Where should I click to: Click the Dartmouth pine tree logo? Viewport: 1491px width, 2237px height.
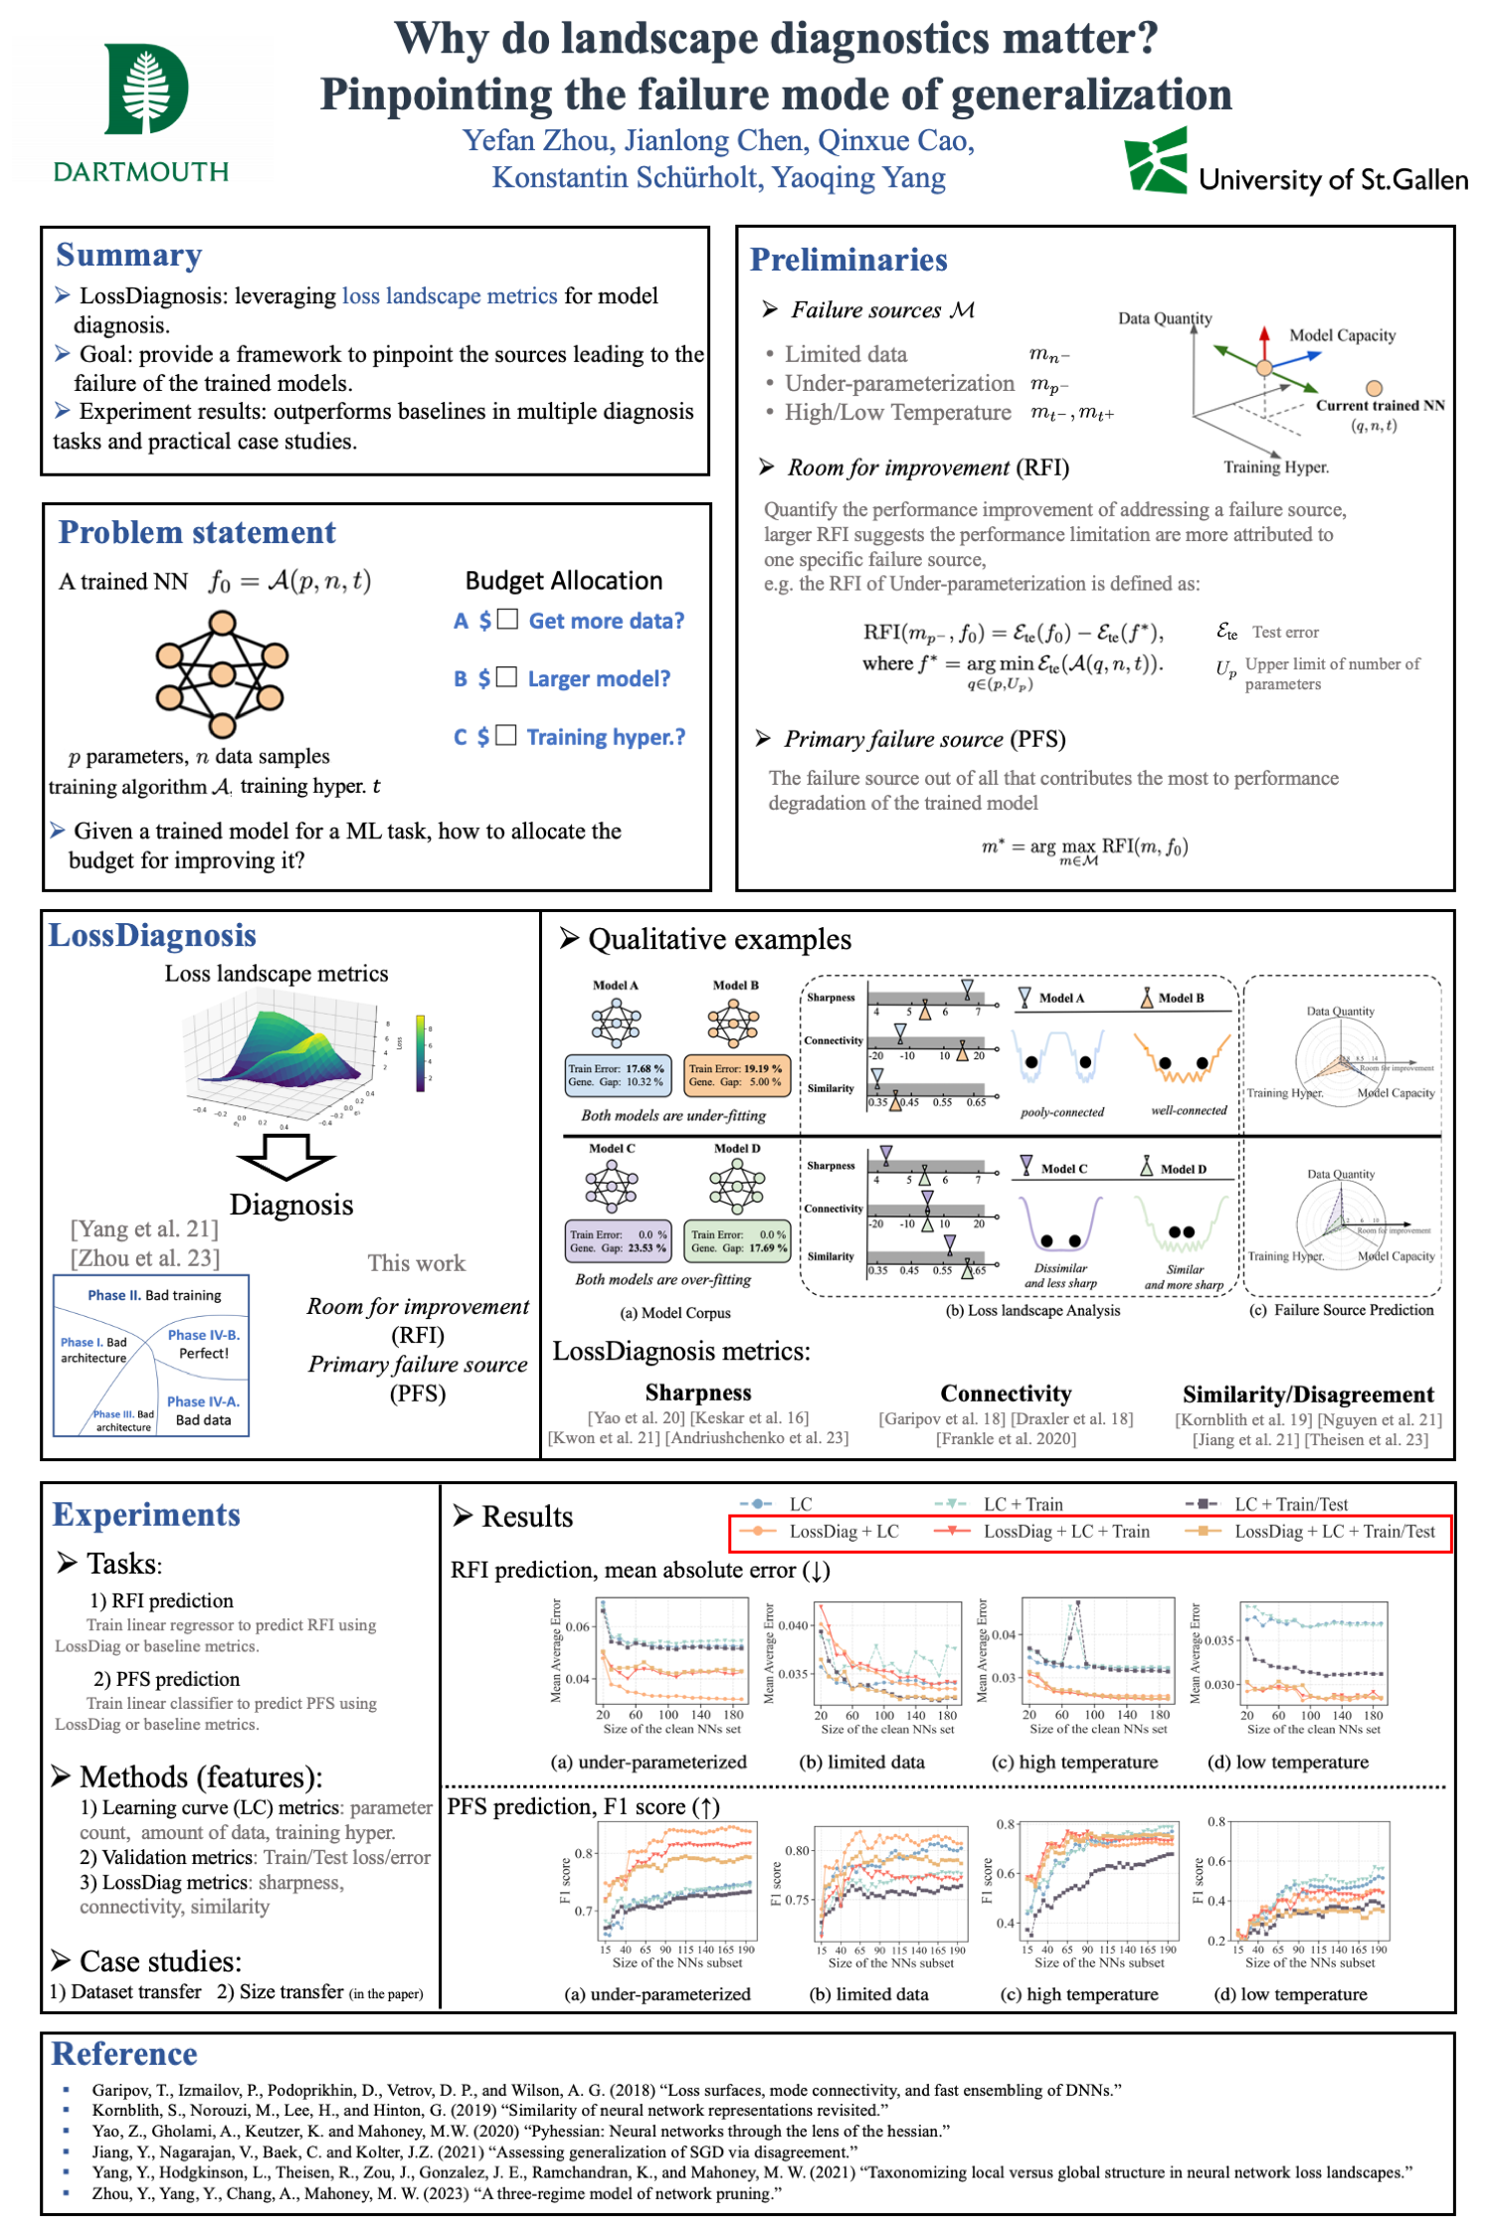(146, 89)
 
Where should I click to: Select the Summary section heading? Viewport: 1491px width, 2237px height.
(129, 256)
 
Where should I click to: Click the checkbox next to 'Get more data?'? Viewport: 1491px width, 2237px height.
(507, 620)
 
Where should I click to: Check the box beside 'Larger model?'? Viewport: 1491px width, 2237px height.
(506, 677)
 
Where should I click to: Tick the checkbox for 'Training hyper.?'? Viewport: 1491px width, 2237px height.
(506, 735)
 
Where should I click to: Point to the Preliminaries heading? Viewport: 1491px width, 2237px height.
(847, 260)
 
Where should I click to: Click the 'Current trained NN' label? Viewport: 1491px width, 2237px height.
(1380, 405)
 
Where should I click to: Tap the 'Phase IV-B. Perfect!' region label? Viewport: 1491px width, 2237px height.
(203, 1344)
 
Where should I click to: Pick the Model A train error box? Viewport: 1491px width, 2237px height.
(617, 1075)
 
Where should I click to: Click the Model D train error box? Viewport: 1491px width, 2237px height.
(738, 1240)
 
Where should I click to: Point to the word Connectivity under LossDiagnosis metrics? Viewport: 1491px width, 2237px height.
(1006, 1393)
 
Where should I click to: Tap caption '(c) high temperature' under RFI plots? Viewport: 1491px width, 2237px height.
(1074, 1762)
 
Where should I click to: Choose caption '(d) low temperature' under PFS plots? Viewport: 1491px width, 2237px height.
(1290, 1993)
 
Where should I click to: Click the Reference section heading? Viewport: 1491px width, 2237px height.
(124, 2053)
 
